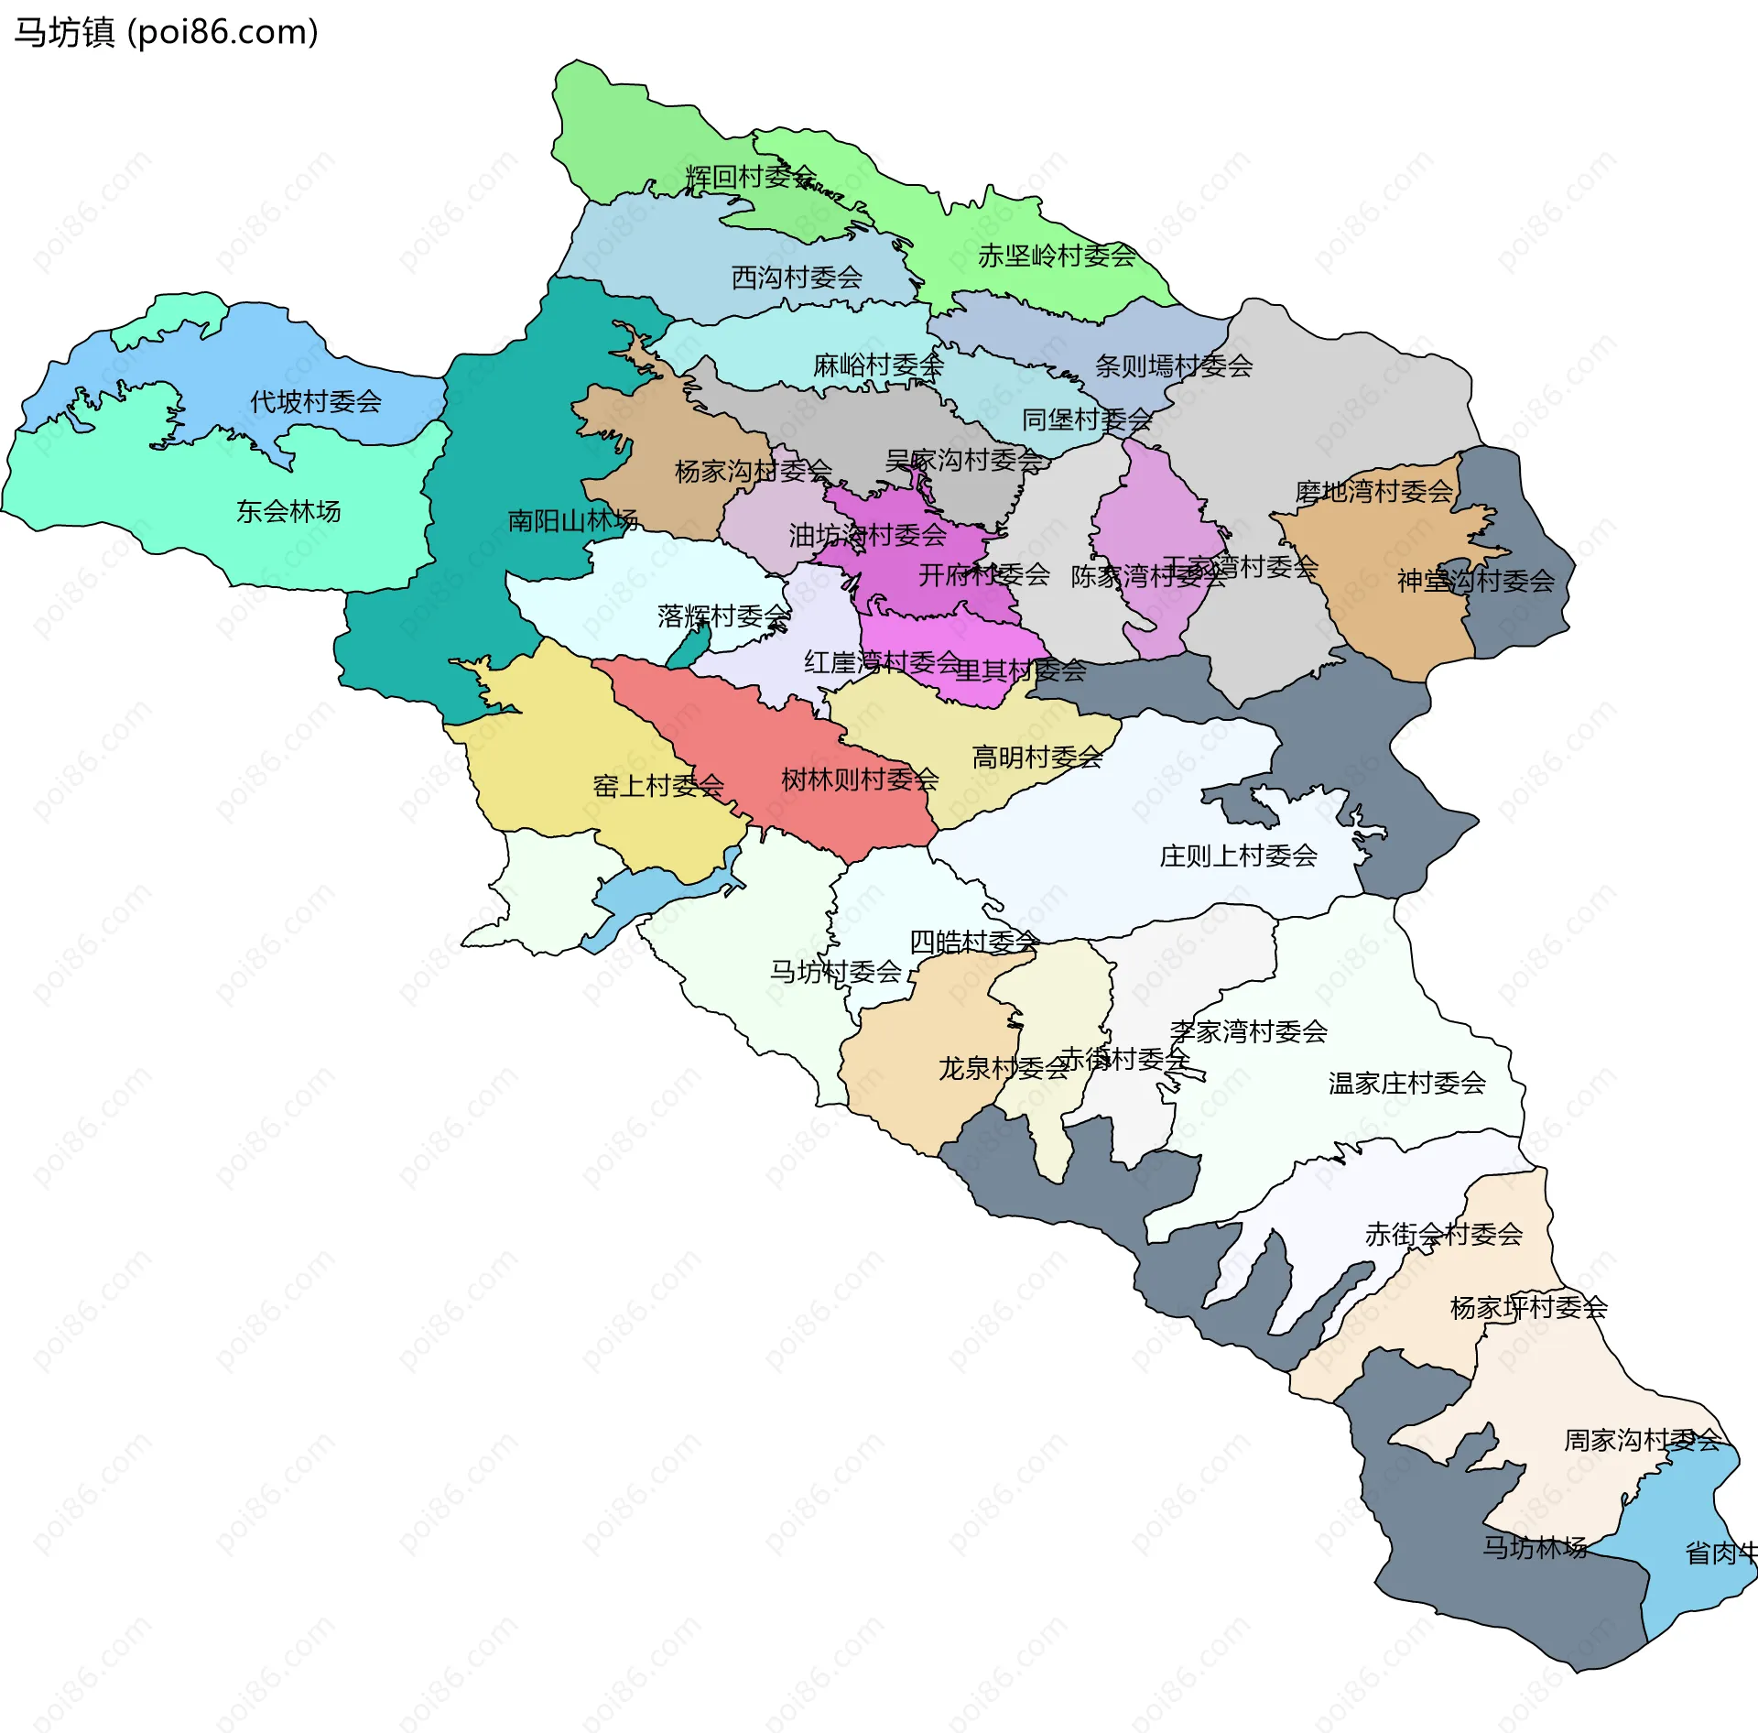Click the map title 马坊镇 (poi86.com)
point(166,33)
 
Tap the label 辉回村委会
point(750,176)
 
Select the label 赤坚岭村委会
point(1056,256)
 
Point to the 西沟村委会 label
point(797,277)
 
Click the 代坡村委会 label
point(316,401)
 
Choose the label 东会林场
point(288,511)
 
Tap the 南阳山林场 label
point(572,520)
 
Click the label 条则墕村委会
point(1173,366)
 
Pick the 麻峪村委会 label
point(878,365)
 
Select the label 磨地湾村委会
point(1373,492)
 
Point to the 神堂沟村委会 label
point(1475,581)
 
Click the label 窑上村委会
point(658,786)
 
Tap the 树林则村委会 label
point(860,779)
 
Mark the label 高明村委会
point(1036,758)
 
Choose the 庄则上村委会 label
point(1238,856)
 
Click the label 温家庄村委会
point(1406,1084)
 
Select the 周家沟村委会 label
point(1642,1441)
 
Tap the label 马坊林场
point(1535,1547)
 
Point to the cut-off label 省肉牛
point(1721,1553)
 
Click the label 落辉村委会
point(723,616)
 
